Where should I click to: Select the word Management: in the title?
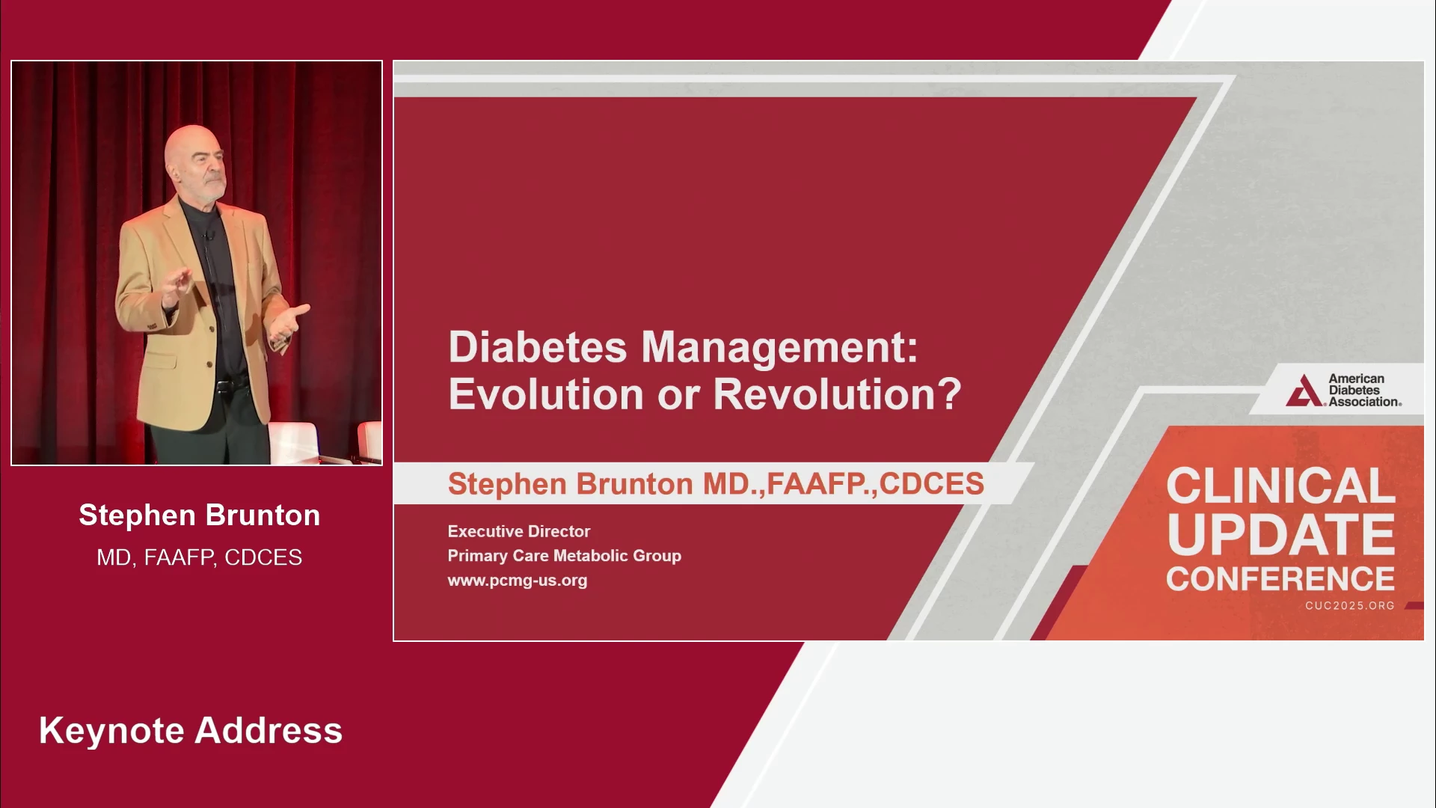(x=779, y=349)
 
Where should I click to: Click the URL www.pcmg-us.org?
(x=518, y=581)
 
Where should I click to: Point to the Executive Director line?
(x=519, y=531)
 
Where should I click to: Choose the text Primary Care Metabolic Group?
(x=565, y=556)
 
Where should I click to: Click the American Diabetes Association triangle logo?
(x=1304, y=391)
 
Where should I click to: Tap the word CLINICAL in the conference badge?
(x=1280, y=486)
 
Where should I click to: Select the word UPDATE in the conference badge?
(x=1280, y=534)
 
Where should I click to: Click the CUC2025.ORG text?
(x=1350, y=605)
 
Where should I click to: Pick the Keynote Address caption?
(x=191, y=731)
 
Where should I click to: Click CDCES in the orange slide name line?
(x=932, y=484)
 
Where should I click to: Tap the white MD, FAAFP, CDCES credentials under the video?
(x=200, y=557)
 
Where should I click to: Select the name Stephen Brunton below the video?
(x=200, y=515)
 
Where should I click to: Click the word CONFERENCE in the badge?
(x=1280, y=579)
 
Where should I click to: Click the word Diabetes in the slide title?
(x=538, y=348)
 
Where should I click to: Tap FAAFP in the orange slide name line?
(x=816, y=484)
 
